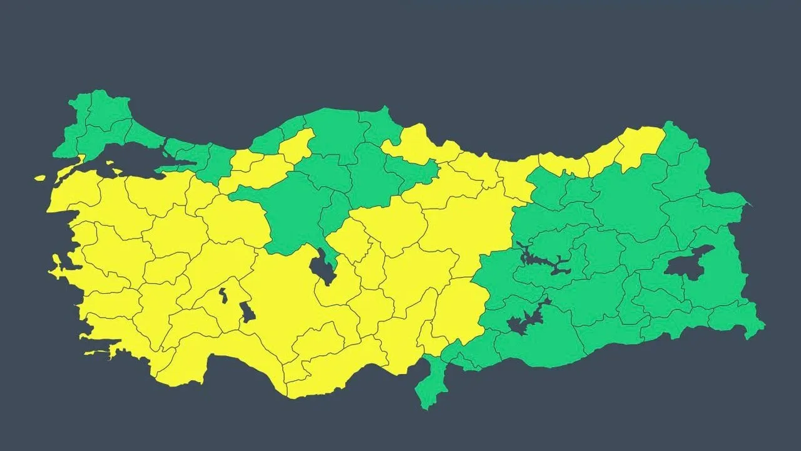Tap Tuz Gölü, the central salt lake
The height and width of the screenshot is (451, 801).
click(322, 266)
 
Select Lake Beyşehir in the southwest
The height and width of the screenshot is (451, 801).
click(247, 311)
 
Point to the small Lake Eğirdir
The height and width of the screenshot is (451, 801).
click(223, 295)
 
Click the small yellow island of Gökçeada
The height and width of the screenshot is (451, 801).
click(40, 178)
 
